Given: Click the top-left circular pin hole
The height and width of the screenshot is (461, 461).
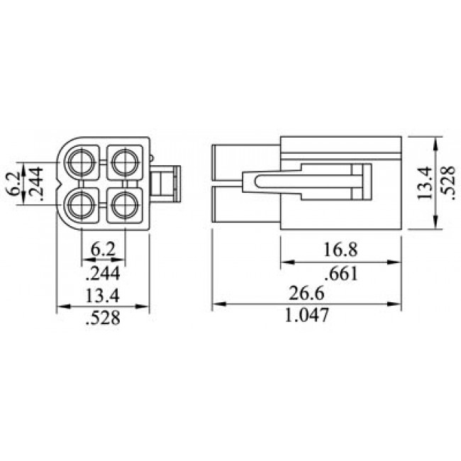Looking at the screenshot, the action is pos(82,162).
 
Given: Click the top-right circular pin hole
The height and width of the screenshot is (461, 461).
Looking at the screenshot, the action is pos(126,162).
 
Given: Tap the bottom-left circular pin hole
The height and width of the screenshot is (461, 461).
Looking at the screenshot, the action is pos(82,205).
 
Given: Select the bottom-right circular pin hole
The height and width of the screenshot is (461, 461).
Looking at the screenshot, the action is pos(126,205).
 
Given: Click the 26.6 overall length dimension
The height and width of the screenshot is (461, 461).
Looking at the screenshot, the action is pos(306,293).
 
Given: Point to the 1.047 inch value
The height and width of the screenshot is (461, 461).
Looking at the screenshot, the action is pos(306,315).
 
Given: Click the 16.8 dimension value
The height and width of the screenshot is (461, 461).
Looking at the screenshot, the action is pos(340,250).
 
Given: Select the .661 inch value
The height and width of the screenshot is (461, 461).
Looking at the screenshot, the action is pos(341,274).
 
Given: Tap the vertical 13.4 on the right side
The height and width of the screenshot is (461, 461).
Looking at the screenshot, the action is pos(425,183).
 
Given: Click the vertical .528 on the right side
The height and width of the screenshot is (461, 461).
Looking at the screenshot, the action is pos(448,183).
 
